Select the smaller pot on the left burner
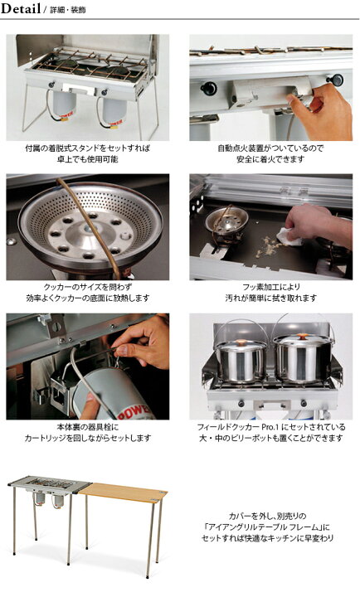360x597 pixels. coord(241,358)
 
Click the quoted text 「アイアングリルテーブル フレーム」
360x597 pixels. coord(266,527)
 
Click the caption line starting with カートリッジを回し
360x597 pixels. coord(88,438)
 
